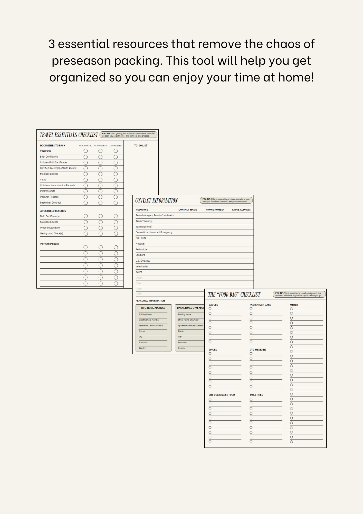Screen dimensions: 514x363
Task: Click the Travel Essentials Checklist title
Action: [69, 135]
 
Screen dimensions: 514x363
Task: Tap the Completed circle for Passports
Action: [116, 151]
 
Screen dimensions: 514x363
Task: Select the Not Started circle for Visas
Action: [86, 180]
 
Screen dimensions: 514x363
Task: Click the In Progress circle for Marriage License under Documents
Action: [100, 174]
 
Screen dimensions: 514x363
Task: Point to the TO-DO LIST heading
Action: [141, 145]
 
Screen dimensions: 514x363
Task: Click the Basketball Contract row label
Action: [51, 203]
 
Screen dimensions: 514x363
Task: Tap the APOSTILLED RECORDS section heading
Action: [53, 211]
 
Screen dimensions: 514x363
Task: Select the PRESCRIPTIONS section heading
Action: [50, 244]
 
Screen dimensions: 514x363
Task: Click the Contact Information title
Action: [156, 200]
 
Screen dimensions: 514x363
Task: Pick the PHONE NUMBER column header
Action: [215, 210]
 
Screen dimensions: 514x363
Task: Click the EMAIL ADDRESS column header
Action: [241, 210]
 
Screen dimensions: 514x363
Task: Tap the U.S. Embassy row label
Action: [143, 261]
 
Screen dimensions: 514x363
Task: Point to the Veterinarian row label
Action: [142, 267]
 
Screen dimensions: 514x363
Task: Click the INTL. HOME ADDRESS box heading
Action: [153, 308]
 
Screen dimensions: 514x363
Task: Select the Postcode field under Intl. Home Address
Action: [143, 343]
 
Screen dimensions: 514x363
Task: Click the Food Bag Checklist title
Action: [234, 295]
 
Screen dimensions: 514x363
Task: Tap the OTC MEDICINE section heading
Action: [258, 350]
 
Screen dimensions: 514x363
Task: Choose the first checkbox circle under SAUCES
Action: [210, 309]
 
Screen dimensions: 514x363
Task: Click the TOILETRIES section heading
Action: [256, 395]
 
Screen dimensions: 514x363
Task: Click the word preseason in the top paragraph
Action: [81, 61]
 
